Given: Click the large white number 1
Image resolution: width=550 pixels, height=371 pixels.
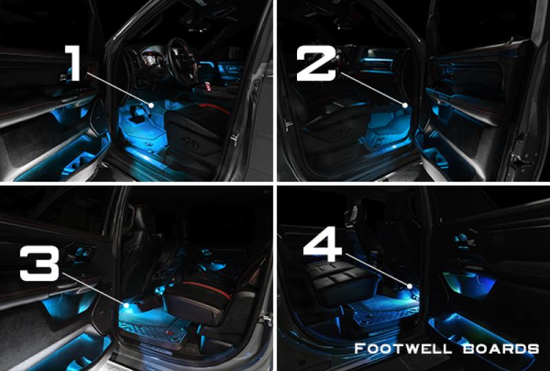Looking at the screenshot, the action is tap(73, 63).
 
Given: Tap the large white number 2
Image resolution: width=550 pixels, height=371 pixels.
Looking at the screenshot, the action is tap(316, 63).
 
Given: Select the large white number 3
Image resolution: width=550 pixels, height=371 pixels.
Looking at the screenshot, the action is tap(39, 263).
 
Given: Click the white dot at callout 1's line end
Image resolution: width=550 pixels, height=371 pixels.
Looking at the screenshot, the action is tap(151, 105).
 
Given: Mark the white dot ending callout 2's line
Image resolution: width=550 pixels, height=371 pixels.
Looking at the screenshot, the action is tap(405, 105).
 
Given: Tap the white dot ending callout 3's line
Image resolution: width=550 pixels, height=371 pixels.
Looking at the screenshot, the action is tap(126, 305).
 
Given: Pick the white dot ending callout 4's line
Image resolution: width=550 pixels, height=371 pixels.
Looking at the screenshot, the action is tap(409, 286).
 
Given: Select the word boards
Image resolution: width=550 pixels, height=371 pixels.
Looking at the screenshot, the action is tap(500, 349).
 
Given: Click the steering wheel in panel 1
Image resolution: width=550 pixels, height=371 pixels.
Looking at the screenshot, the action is tap(181, 61).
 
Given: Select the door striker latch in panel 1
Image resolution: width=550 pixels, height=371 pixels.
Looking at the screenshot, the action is tap(234, 138).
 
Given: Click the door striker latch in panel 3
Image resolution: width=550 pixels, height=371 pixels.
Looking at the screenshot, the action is tap(267, 319).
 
